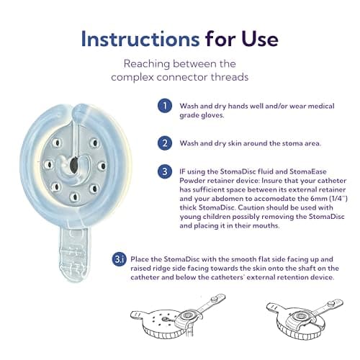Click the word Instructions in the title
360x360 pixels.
point(140,39)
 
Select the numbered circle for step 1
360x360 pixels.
point(165,106)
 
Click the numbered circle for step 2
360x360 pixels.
point(165,143)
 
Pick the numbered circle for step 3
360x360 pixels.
point(165,171)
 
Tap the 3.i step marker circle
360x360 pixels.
point(119,259)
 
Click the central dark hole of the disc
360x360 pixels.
point(73,164)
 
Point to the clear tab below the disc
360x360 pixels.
point(75,253)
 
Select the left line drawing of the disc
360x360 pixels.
point(178,315)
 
